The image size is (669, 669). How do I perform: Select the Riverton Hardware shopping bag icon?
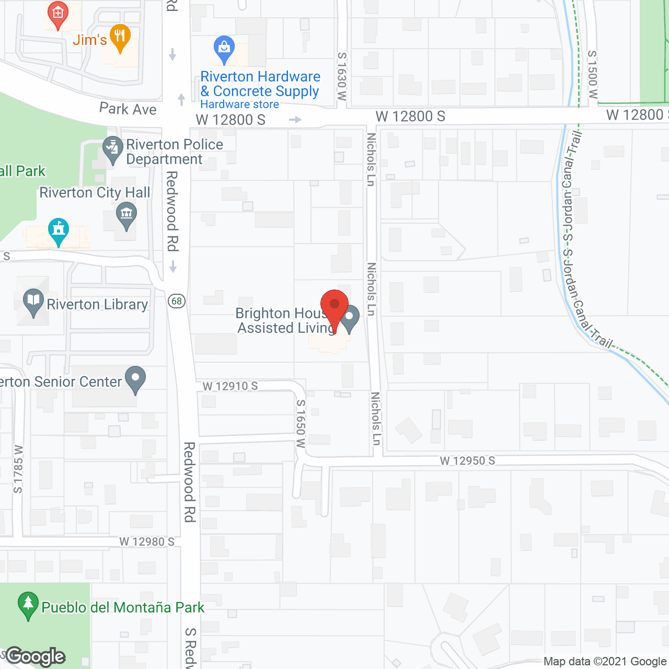click(x=224, y=49)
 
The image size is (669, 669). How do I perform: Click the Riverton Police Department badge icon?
click(x=112, y=149)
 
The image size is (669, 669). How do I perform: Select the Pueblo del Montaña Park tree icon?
click(x=28, y=605)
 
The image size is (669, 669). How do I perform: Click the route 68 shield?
click(x=177, y=301)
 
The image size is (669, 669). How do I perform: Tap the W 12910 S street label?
click(x=230, y=386)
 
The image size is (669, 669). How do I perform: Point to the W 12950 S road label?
click(x=467, y=460)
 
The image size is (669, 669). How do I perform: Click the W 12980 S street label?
click(x=147, y=541)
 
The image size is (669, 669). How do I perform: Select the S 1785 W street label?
click(x=18, y=469)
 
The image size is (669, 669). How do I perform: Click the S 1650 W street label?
click(x=301, y=424)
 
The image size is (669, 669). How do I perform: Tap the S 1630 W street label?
click(x=341, y=76)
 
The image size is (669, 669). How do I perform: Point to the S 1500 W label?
click(x=592, y=75)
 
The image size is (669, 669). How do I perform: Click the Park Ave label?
click(x=128, y=109)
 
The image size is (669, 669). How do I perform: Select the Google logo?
click(x=36, y=656)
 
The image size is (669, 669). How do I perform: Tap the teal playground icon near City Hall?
click(x=59, y=230)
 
